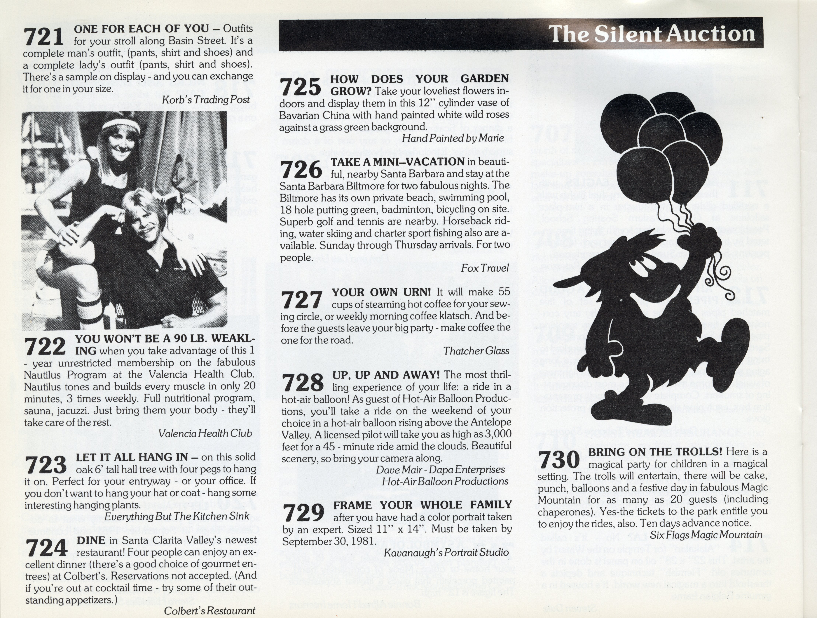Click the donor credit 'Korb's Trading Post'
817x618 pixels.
(x=206, y=100)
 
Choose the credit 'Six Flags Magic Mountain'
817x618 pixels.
(x=706, y=535)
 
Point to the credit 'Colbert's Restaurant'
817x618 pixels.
(x=210, y=611)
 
